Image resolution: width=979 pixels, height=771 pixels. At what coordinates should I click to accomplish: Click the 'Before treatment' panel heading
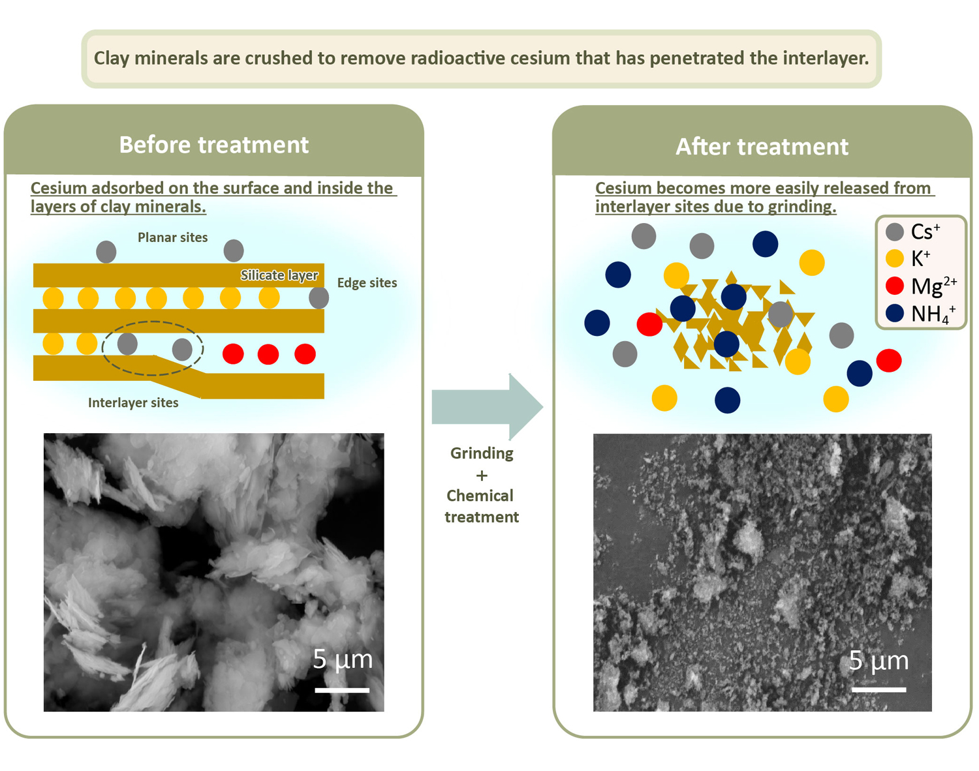click(x=213, y=145)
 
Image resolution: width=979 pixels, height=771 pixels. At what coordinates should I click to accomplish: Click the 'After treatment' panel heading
click(x=762, y=147)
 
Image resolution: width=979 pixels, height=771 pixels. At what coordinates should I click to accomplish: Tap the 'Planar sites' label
click(x=172, y=237)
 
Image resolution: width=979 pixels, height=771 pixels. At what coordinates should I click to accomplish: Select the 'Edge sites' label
click(x=367, y=283)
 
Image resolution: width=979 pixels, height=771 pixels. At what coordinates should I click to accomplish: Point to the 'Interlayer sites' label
click(x=133, y=403)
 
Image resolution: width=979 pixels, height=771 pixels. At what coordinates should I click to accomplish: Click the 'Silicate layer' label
click(x=279, y=275)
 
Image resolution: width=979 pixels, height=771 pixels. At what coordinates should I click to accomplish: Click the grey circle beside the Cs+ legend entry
click(x=895, y=232)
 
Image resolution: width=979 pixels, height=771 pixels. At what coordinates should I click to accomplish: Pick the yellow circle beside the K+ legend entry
click(x=895, y=258)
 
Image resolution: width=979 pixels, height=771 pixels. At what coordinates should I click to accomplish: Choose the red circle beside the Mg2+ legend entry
click(x=895, y=286)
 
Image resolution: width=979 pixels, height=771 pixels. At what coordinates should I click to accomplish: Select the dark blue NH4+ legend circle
click(x=895, y=313)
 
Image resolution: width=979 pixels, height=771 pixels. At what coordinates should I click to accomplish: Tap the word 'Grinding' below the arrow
click(x=482, y=453)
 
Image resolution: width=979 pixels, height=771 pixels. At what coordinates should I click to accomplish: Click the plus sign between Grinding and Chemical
click(x=482, y=476)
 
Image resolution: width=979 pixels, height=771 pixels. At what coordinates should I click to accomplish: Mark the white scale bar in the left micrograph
click(x=342, y=689)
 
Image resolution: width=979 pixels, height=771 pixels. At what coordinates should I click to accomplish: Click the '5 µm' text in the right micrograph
click(x=878, y=661)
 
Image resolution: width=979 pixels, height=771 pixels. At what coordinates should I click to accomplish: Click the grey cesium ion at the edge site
click(x=319, y=298)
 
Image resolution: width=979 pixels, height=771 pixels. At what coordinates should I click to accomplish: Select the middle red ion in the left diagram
click(x=268, y=354)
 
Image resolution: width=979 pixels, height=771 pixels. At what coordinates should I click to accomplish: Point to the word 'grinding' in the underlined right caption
click(x=801, y=207)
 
